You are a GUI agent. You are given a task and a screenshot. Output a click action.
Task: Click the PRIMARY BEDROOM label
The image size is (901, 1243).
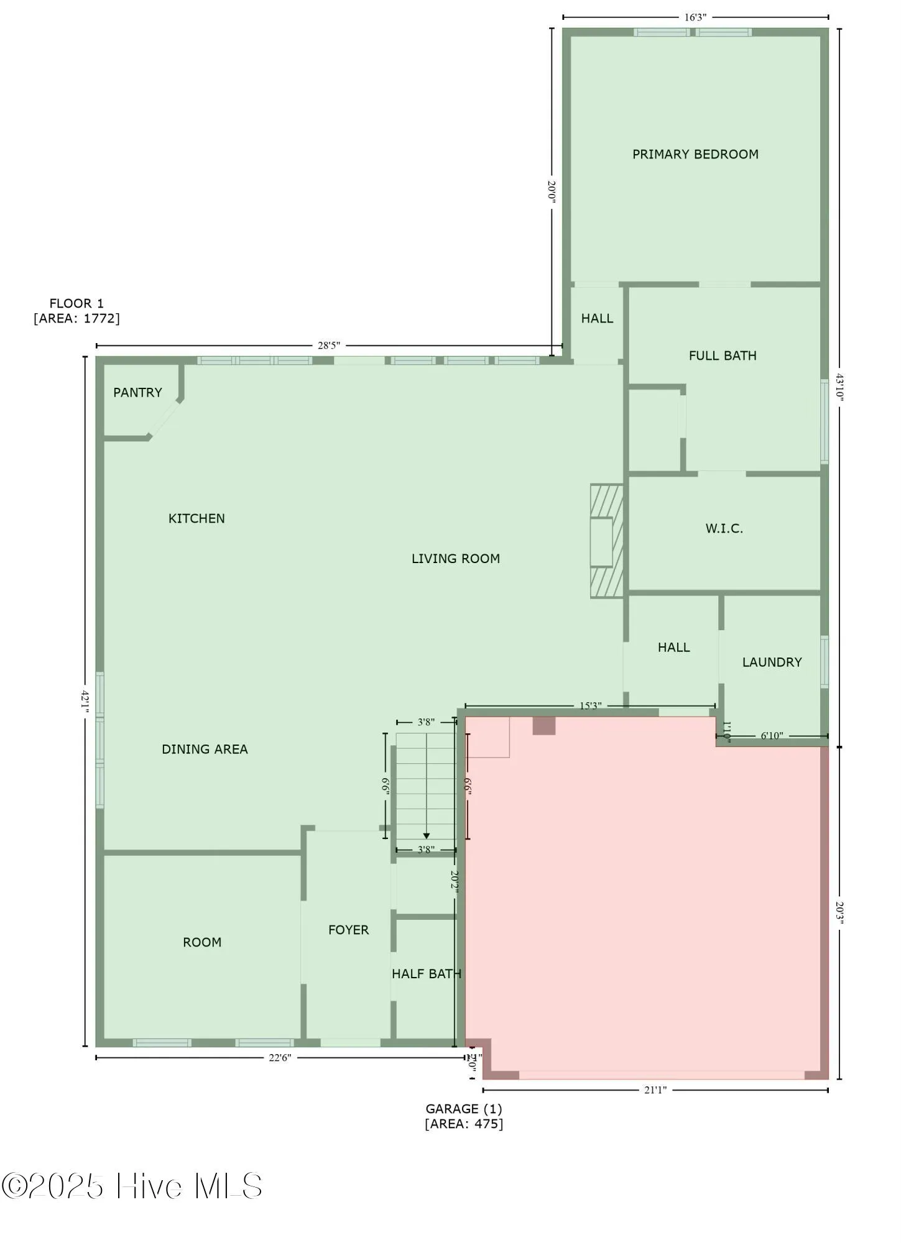[x=695, y=154]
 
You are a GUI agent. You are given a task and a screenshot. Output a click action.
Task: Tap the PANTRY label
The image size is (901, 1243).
[x=137, y=392]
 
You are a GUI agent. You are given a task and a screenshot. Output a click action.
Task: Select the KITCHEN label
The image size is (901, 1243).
[x=196, y=518]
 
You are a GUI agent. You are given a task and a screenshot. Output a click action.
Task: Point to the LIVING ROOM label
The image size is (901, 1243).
[x=456, y=559]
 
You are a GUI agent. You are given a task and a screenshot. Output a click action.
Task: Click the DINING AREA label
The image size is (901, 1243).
[x=205, y=749]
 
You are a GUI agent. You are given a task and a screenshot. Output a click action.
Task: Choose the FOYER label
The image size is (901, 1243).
[x=348, y=930]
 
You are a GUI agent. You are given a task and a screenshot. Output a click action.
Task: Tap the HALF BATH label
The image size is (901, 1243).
[x=427, y=974]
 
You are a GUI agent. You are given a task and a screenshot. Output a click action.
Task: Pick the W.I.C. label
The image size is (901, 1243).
[x=724, y=529]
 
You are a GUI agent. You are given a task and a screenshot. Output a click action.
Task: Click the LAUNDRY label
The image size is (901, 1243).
[x=772, y=662]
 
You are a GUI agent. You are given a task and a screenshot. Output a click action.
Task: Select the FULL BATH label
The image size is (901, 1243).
[x=723, y=355]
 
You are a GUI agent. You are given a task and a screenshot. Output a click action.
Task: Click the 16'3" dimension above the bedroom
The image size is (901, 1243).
[x=695, y=17]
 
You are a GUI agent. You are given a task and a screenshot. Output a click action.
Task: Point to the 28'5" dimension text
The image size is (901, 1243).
[x=329, y=346]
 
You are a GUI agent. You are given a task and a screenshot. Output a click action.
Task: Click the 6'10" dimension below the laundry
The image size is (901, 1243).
[x=772, y=736]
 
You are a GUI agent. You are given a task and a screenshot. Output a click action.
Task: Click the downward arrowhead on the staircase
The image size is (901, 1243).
[x=426, y=836]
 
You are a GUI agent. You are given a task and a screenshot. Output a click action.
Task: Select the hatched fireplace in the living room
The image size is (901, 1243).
[x=606, y=541]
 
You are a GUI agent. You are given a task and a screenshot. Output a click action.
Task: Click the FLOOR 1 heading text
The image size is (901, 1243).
[x=76, y=303]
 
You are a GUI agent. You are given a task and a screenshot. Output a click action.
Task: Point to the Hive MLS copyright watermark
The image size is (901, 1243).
[x=132, y=1186]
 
